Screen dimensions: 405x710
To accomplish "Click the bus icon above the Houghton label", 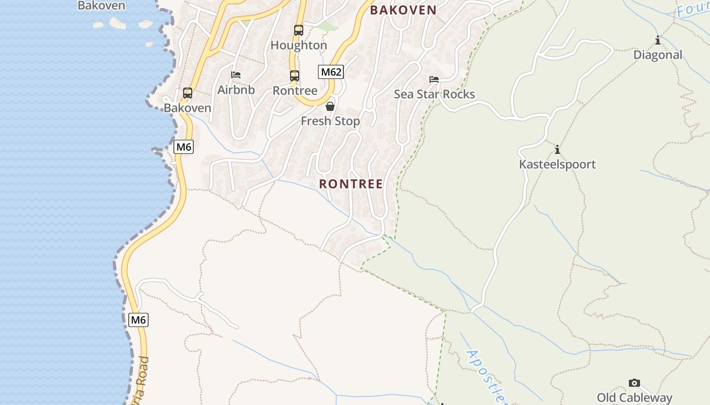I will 299,30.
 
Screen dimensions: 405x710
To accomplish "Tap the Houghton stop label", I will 299,45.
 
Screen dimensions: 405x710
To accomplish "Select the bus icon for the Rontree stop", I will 295,76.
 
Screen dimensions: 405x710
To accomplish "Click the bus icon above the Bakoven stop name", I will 188,93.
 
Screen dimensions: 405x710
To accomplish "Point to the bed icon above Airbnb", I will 236,75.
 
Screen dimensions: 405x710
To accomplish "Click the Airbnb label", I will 236,90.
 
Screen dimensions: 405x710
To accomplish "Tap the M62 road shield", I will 331,72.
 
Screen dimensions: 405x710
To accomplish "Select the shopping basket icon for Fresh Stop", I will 330,106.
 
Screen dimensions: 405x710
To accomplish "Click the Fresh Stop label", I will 330,121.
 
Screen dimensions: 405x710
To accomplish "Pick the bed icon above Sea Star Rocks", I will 434,79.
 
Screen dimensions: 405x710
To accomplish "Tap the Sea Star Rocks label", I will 434,94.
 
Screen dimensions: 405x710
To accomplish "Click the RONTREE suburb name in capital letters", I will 351,184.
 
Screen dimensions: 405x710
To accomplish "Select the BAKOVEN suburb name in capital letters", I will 403,10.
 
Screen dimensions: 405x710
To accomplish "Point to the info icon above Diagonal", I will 658,40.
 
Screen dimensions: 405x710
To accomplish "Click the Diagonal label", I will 658,55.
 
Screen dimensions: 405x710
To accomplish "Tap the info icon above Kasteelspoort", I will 557,149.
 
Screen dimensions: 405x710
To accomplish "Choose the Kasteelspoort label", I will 557,164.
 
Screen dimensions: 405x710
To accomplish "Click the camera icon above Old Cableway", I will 634,383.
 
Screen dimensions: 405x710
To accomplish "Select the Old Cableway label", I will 634,397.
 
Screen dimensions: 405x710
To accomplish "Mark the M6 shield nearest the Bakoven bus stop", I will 183,147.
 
